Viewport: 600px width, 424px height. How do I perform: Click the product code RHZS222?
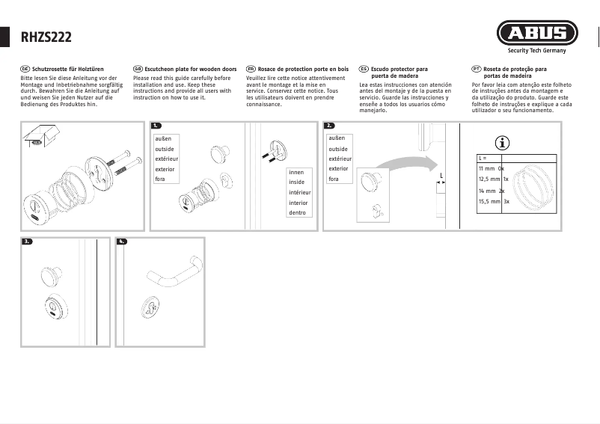pos(46,35)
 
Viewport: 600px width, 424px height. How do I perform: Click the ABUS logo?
pos(536,34)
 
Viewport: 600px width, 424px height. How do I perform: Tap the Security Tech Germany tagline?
pos(536,51)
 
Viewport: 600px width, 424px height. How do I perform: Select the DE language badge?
pos(25,69)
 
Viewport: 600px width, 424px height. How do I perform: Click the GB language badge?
pos(137,69)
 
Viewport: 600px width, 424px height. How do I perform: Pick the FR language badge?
pos(251,69)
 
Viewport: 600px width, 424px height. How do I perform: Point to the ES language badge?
pos(364,69)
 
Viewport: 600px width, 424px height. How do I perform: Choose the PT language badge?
pos(477,69)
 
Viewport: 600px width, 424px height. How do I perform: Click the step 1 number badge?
pos(156,126)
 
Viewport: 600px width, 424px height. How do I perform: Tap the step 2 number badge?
pos(329,126)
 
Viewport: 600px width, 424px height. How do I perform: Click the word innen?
pos(296,172)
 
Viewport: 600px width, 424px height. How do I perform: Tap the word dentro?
pos(297,212)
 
